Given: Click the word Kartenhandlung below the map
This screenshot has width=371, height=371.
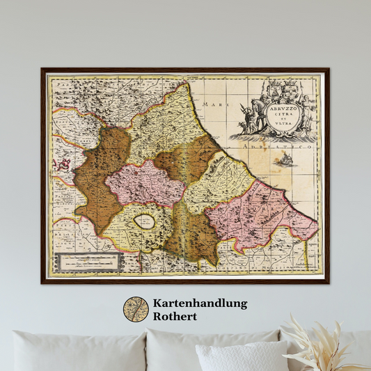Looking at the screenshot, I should click(200, 303).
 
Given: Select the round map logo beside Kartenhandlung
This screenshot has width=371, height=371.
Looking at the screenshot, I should click(136, 310).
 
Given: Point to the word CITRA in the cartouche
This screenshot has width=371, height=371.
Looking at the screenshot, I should click(281, 116).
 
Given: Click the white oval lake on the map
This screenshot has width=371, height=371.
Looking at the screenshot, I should click(145, 222).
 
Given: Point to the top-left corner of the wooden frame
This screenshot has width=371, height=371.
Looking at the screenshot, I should click(42, 69).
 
